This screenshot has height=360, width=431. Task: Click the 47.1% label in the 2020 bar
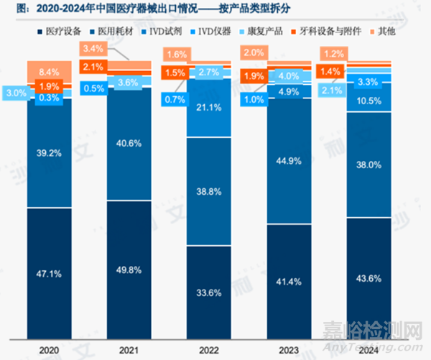[x=50, y=273]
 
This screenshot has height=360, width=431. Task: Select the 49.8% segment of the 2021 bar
[x=129, y=269]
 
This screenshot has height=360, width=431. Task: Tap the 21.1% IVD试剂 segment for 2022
[x=208, y=108]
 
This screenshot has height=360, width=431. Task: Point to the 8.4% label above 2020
[x=50, y=71]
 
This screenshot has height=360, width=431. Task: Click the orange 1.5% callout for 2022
[x=174, y=73]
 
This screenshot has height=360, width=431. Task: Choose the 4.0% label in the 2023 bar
[x=287, y=76]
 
